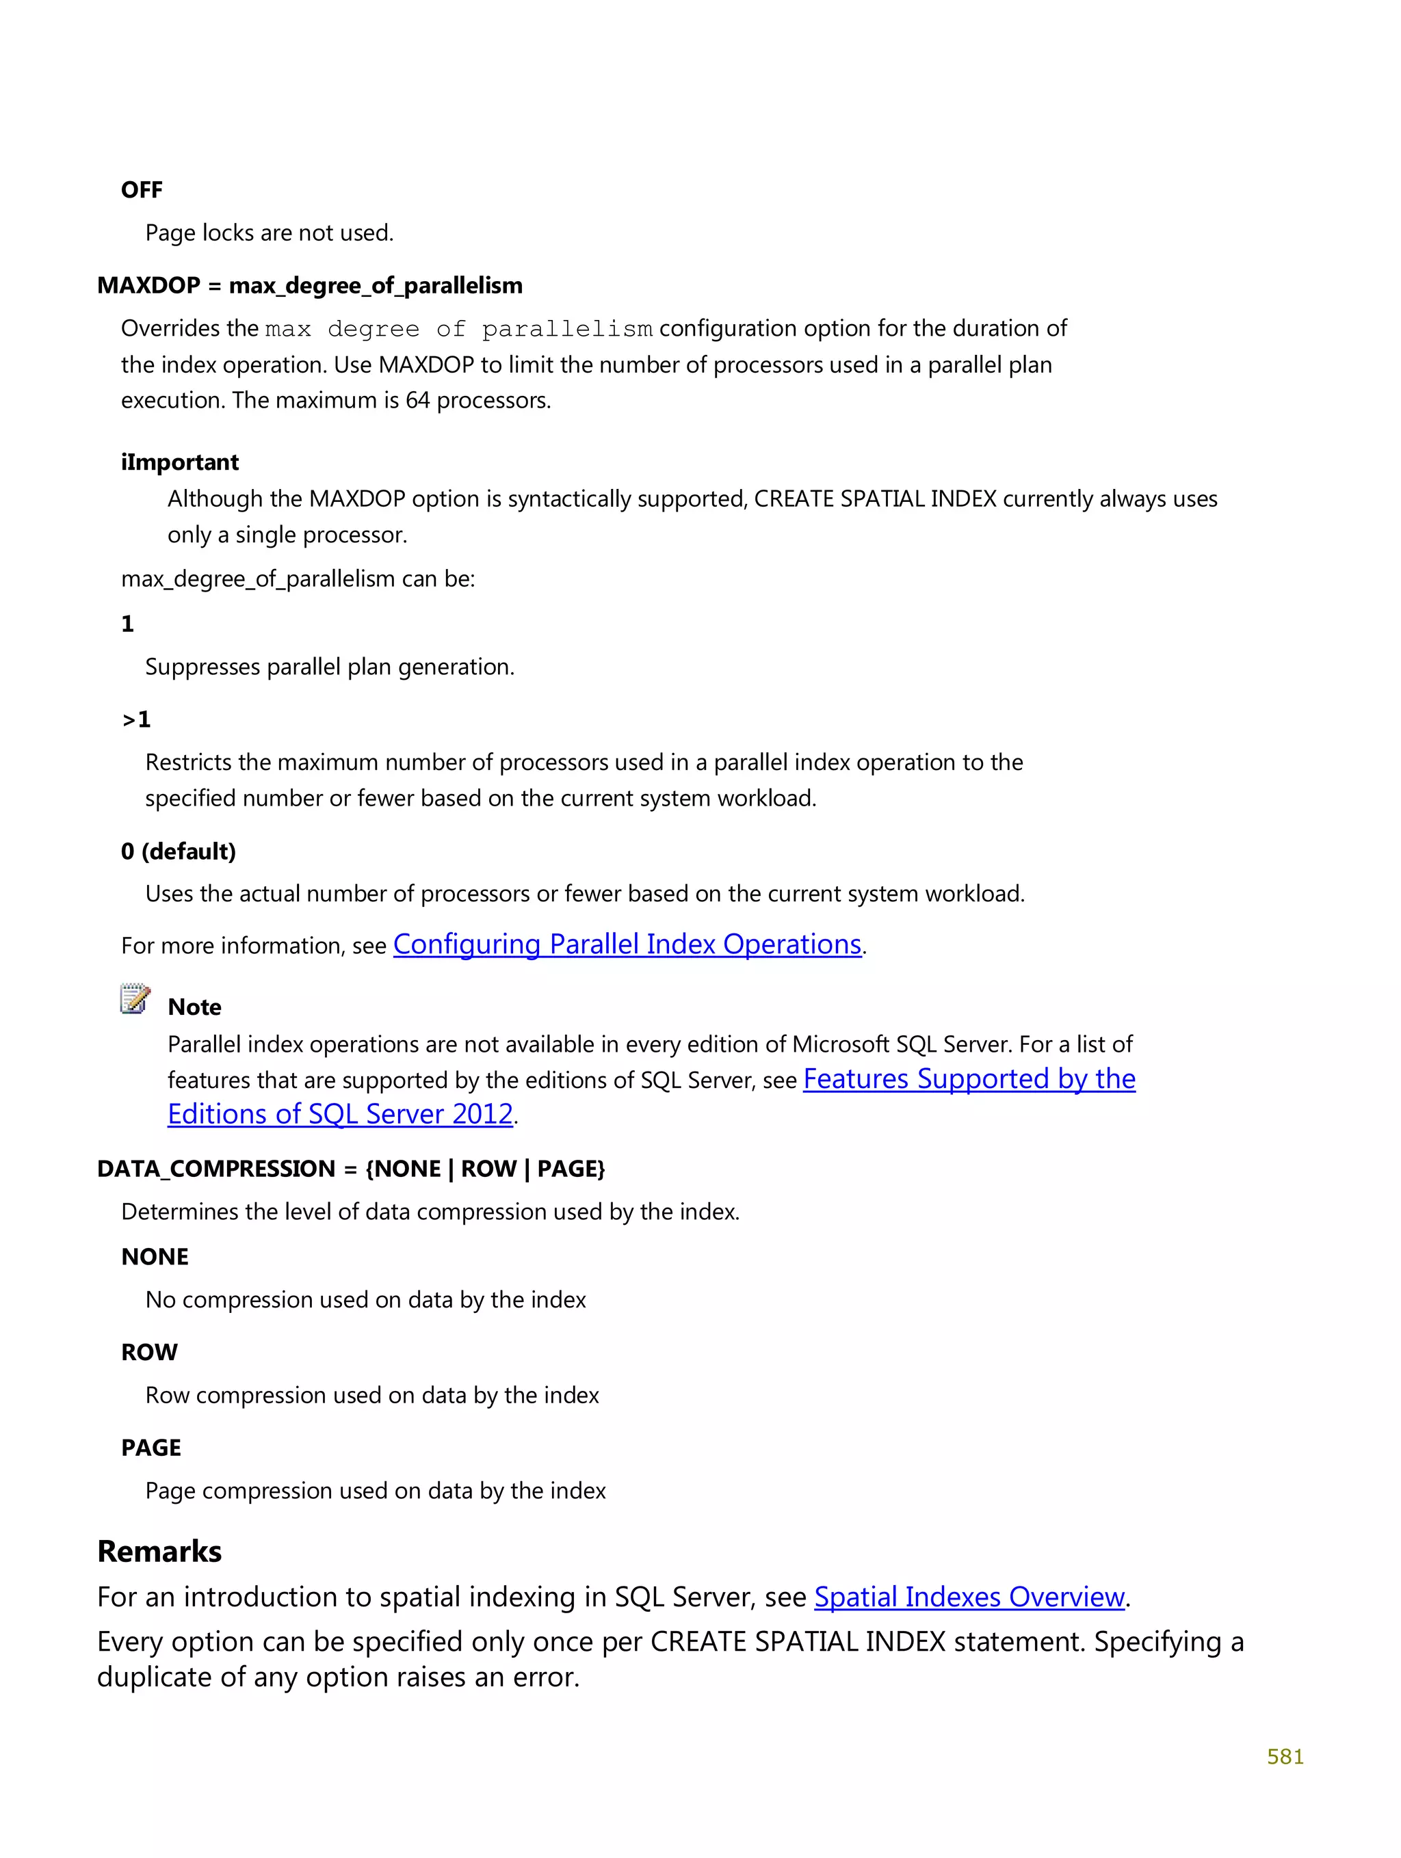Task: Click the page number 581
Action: pyautogui.click(x=1284, y=1756)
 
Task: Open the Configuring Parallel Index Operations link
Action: pyautogui.click(x=627, y=944)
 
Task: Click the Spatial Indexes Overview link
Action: pyautogui.click(x=969, y=1597)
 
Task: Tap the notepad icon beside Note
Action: pyautogui.click(x=135, y=998)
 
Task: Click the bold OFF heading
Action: pyautogui.click(x=141, y=190)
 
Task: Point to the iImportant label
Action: pyautogui.click(x=180, y=462)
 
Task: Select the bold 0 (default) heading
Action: pyautogui.click(x=178, y=851)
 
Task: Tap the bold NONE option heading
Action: pyautogui.click(x=155, y=1257)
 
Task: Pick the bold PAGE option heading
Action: pyautogui.click(x=151, y=1447)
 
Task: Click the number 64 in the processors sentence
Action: pyautogui.click(x=418, y=401)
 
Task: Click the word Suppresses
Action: pyautogui.click(x=202, y=667)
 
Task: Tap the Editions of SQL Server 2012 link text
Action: pyautogui.click(x=341, y=1114)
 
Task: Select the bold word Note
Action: pyautogui.click(x=194, y=1007)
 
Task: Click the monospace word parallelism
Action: pyautogui.click(x=567, y=329)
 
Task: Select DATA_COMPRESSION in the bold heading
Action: pyautogui.click(x=216, y=1169)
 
